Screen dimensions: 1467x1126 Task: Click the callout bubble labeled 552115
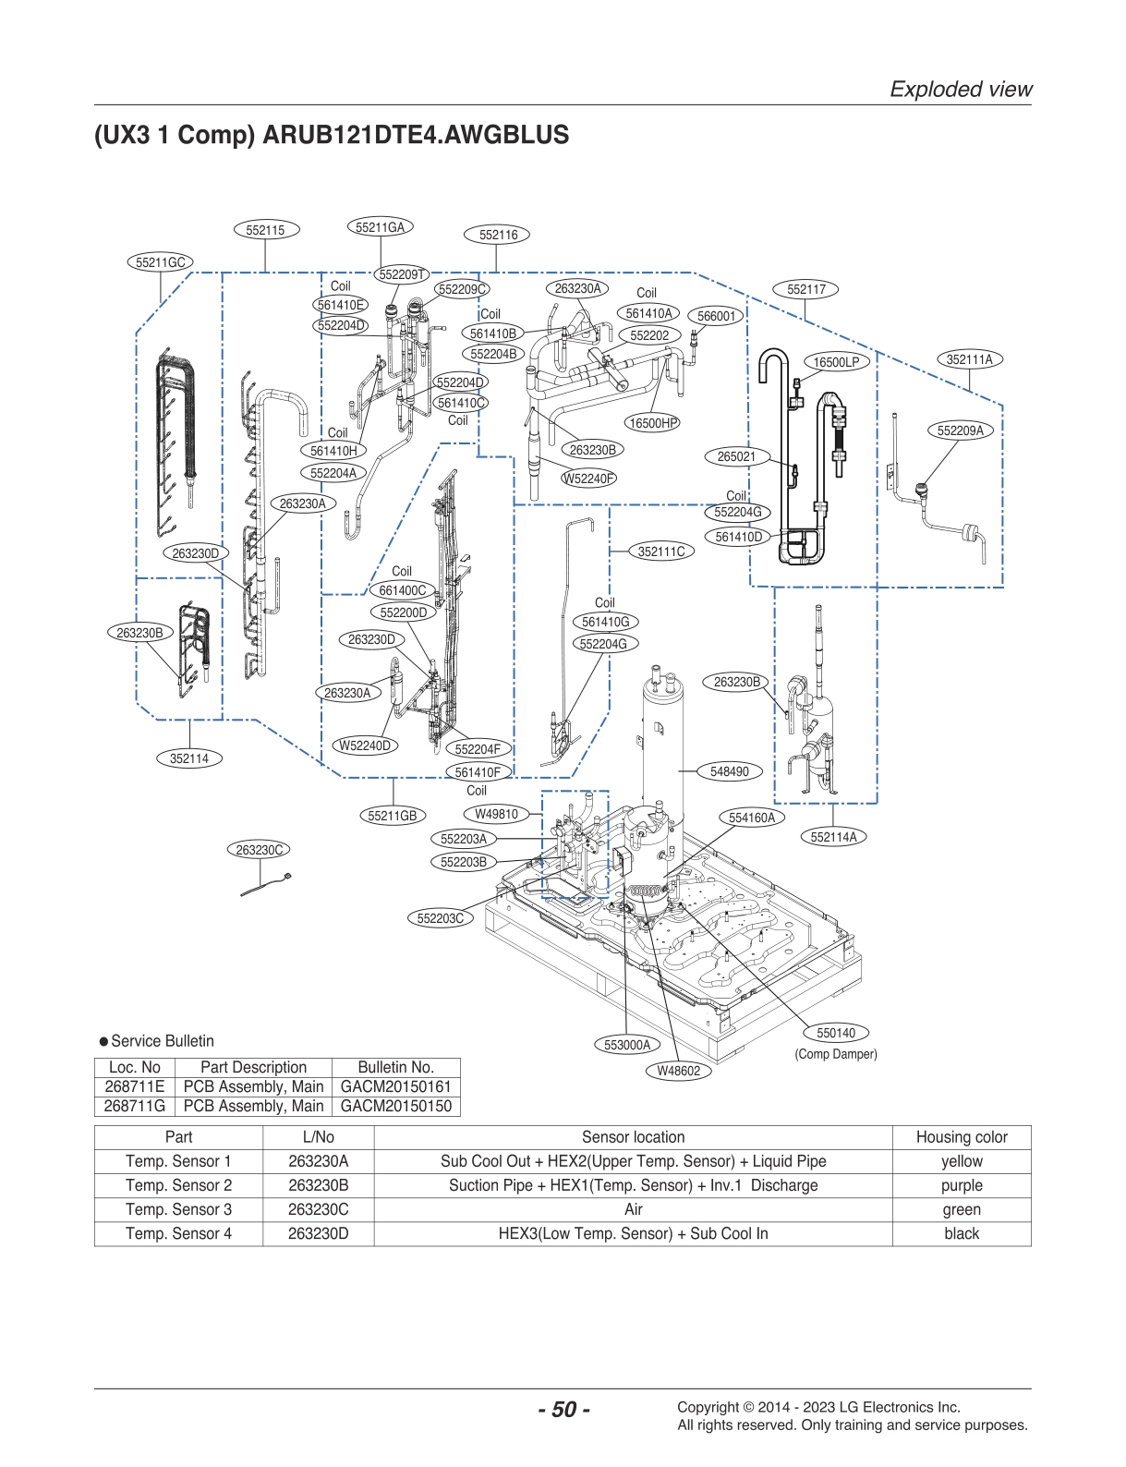266,230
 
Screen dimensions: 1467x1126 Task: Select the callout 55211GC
161,262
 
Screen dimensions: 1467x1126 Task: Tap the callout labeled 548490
730,771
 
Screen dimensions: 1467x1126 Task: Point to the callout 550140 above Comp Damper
836,1033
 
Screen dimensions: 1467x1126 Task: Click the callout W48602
679,1071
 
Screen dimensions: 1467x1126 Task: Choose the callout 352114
189,758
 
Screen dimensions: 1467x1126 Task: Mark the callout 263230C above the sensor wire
260,850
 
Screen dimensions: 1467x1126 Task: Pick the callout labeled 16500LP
836,362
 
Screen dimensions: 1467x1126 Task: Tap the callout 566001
716,316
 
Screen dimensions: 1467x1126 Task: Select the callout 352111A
970,359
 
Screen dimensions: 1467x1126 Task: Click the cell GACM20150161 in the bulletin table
395,1086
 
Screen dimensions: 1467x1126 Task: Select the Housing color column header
961,1137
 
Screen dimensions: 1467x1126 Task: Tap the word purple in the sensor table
961,1185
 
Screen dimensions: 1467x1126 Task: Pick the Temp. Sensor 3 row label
178,1209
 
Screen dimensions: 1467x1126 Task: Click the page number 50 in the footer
563,1409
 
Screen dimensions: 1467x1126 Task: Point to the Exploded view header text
961,90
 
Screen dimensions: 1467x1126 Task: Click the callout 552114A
833,837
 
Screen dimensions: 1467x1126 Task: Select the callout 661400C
403,590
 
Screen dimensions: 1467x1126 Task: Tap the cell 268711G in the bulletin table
135,1106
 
